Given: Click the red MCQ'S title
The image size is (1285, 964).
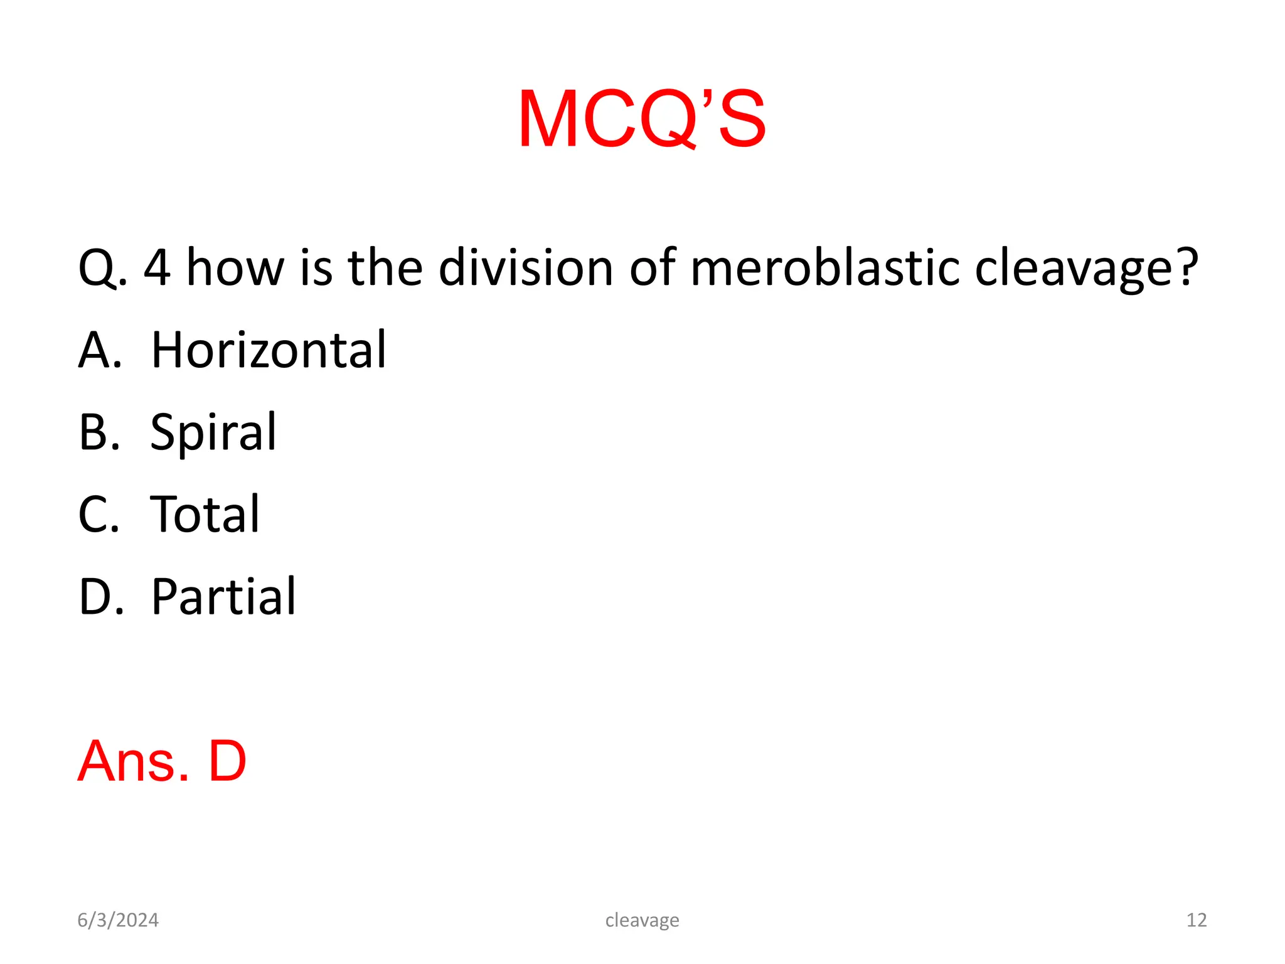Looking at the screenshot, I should click(641, 119).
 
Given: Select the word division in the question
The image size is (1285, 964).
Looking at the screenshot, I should click(525, 268).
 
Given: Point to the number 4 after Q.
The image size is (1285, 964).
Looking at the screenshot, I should click(157, 268).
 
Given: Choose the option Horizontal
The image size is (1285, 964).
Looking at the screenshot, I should click(269, 350).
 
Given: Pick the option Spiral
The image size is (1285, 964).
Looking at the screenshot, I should click(213, 432).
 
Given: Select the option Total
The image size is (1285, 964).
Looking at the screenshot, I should click(205, 514).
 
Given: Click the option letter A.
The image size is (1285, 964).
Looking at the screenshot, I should click(99, 350).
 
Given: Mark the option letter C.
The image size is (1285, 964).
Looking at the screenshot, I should click(98, 514).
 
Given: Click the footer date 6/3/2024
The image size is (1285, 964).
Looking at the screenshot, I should click(118, 920).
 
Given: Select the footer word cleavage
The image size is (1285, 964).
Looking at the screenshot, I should click(642, 921).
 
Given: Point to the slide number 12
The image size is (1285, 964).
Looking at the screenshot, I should click(1197, 920).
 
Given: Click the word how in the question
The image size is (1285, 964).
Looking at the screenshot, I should click(235, 268).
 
